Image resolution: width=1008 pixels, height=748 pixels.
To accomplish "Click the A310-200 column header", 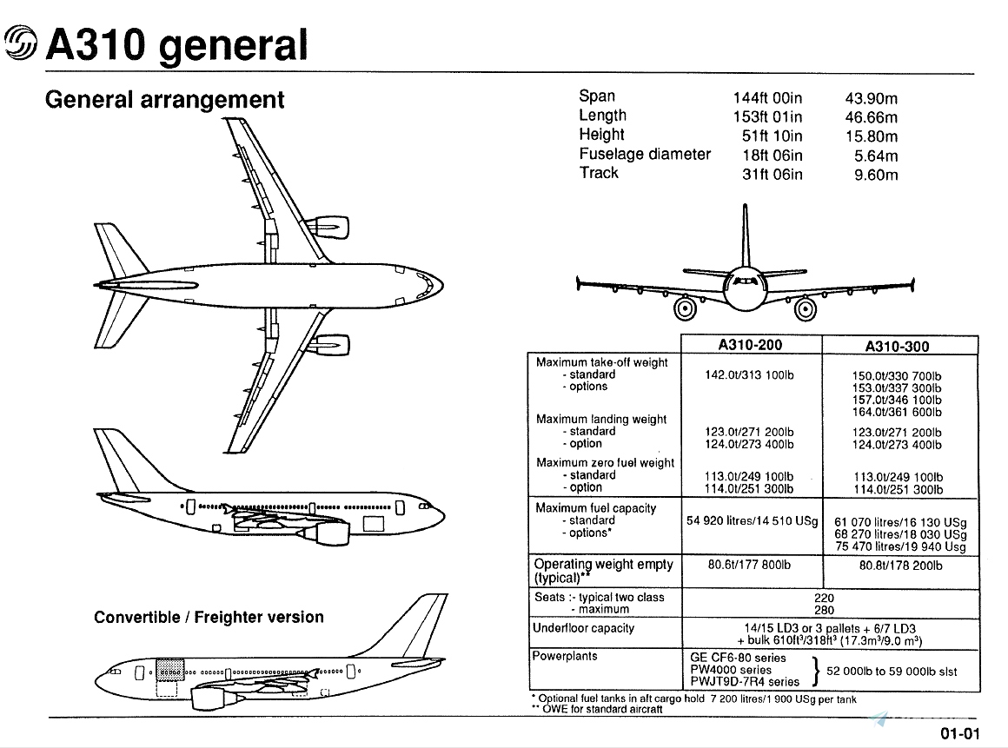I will [x=751, y=345].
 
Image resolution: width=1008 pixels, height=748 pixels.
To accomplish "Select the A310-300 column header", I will [x=897, y=347].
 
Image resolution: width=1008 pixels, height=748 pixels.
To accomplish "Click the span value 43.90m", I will [x=872, y=98].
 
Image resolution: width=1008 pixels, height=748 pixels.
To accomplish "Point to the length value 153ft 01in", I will [x=768, y=117].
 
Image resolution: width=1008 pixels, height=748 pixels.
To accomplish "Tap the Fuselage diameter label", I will [x=645, y=155].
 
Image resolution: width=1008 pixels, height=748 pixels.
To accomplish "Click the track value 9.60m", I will [x=877, y=175].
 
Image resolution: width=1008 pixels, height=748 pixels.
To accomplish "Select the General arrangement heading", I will [x=164, y=100].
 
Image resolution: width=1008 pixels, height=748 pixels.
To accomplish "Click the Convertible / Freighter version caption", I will [x=209, y=618].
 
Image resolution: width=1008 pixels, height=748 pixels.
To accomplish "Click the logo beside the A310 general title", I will [x=21, y=43].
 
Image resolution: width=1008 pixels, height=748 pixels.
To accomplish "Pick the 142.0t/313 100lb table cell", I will [x=750, y=375].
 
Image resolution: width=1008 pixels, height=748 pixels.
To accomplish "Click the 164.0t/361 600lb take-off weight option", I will [x=897, y=413].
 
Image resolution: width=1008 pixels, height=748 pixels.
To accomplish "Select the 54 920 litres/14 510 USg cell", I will [x=753, y=521].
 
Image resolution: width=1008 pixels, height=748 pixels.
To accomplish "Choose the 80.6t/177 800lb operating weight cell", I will [x=751, y=566].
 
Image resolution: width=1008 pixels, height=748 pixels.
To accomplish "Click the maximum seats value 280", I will [x=824, y=610].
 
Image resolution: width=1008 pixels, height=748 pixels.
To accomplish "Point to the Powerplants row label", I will [x=565, y=657].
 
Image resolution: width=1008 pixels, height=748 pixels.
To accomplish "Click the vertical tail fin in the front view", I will [x=745, y=235].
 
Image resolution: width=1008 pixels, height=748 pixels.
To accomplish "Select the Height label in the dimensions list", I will [x=601, y=135].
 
